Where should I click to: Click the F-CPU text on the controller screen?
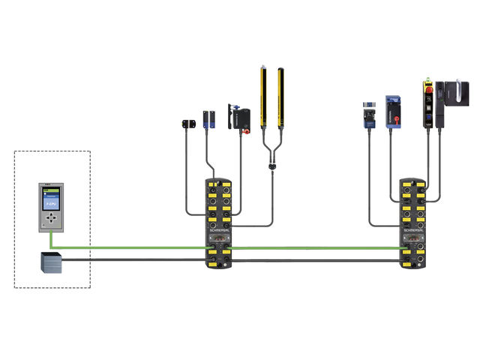(x=50, y=203)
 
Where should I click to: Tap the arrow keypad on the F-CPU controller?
(x=50, y=218)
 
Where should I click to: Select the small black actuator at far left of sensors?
(x=187, y=122)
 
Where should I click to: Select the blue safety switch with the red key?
(x=391, y=110)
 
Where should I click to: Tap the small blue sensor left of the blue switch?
(x=367, y=116)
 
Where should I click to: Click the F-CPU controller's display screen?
(x=50, y=199)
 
